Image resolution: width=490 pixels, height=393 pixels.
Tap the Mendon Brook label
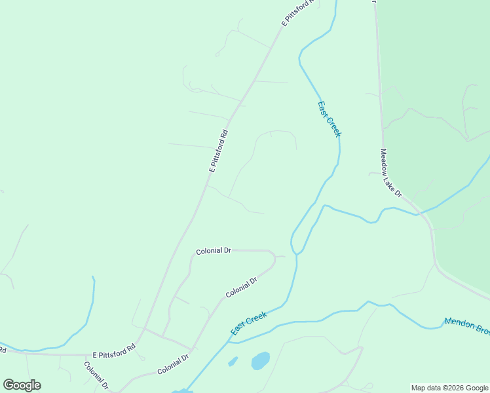466,326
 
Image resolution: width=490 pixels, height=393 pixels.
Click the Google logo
22,385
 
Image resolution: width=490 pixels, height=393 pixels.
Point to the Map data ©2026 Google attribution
449,388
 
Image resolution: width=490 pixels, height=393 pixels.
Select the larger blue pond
260,360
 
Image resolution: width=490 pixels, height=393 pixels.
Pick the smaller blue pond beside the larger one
233,361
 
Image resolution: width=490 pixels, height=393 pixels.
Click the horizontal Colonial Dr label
214,251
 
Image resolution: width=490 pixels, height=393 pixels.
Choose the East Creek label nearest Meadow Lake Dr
329,118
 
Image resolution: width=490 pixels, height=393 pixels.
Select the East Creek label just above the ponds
249,324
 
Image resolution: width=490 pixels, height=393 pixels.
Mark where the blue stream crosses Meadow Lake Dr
417,213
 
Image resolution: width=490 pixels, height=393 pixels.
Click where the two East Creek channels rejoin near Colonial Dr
296,253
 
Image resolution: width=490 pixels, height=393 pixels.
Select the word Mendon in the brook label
457,323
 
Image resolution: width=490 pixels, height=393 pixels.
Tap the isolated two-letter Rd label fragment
3,350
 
